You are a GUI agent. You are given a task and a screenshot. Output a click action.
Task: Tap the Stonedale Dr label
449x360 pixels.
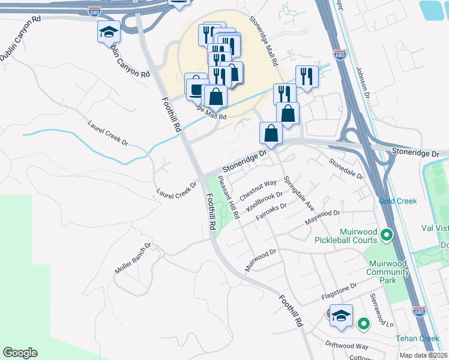tap(346, 169)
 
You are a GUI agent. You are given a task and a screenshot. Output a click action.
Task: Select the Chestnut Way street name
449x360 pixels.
tap(258, 190)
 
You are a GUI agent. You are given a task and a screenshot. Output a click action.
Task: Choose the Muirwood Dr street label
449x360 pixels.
tap(260, 260)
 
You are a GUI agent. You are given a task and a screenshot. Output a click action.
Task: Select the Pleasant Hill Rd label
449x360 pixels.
tap(229, 196)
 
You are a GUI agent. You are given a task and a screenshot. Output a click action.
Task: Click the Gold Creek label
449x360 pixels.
tap(397, 201)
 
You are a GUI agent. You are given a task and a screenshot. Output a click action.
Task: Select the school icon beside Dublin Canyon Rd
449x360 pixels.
tap(109, 31)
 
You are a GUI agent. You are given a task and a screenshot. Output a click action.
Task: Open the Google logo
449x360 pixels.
tap(20, 353)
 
